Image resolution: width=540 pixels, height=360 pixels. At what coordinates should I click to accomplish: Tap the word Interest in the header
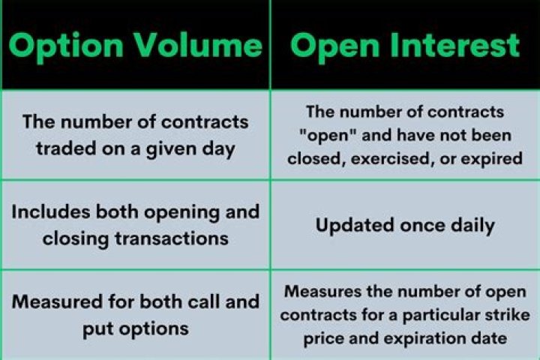coord(452,46)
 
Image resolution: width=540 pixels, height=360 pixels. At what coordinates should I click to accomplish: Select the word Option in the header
coord(67,46)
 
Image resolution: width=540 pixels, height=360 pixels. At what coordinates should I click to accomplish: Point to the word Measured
coord(54,301)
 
